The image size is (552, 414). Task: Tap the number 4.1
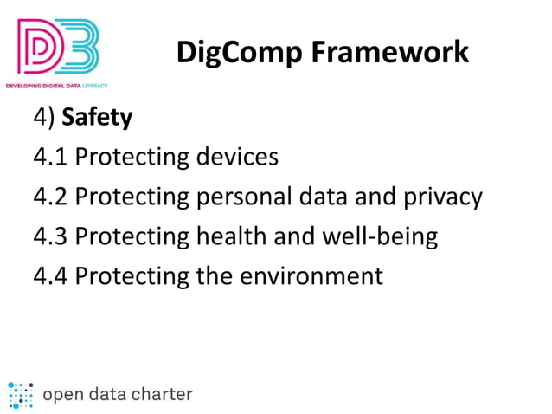(x=50, y=157)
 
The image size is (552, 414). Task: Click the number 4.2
(x=50, y=197)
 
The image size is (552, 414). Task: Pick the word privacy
(x=443, y=197)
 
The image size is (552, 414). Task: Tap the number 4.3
(x=50, y=236)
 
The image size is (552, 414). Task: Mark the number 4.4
(x=50, y=275)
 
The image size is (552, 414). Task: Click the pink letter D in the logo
(x=39, y=49)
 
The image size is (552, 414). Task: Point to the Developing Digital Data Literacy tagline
(x=56, y=87)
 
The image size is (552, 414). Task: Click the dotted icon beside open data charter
(x=20, y=394)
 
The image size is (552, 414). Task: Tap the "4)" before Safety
(x=43, y=117)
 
